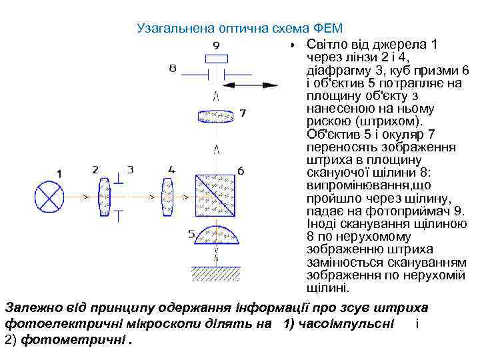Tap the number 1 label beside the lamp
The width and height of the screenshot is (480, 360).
click(x=60, y=174)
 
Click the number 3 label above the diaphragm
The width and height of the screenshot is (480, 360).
click(x=131, y=169)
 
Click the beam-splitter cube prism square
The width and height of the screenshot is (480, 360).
click(x=215, y=197)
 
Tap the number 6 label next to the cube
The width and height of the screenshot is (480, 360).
click(x=241, y=171)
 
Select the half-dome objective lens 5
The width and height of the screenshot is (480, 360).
click(x=215, y=239)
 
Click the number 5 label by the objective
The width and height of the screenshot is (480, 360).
click(x=192, y=234)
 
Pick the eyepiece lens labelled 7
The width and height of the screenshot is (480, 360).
click(x=215, y=116)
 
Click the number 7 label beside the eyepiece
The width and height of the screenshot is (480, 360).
click(x=243, y=113)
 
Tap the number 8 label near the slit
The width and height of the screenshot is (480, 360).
click(x=173, y=68)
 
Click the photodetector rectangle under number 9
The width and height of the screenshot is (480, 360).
click(x=215, y=57)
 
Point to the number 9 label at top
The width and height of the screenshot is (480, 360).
click(x=215, y=45)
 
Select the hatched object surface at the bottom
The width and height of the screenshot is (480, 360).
click(x=215, y=273)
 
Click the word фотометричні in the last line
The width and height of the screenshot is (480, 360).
click(x=73, y=340)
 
